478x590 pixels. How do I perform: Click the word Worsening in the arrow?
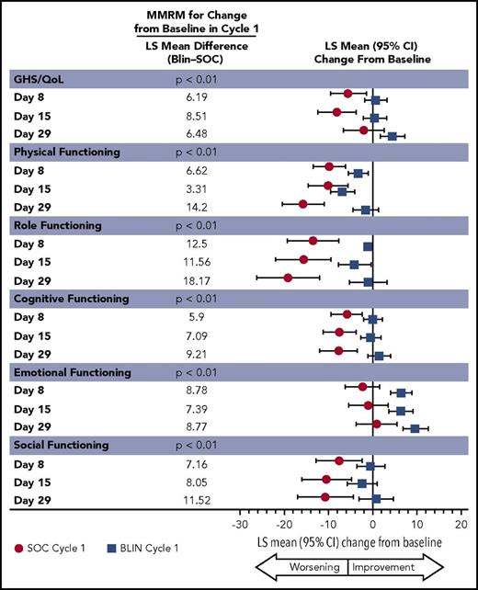pyautogui.click(x=313, y=567)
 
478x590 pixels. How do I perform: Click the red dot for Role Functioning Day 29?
pyautogui.click(x=288, y=277)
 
